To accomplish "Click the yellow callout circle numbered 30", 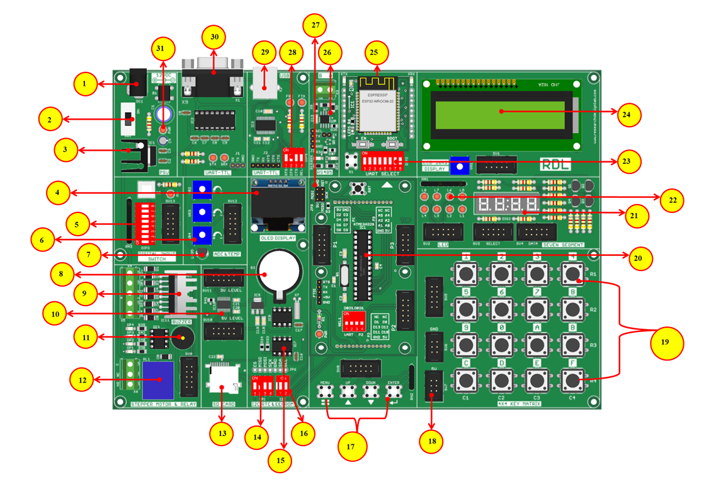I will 215,37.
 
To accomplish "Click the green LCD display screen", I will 501,112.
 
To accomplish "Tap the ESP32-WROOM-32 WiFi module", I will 378,103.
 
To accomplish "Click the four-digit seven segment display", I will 508,205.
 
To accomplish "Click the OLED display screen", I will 273,206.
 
